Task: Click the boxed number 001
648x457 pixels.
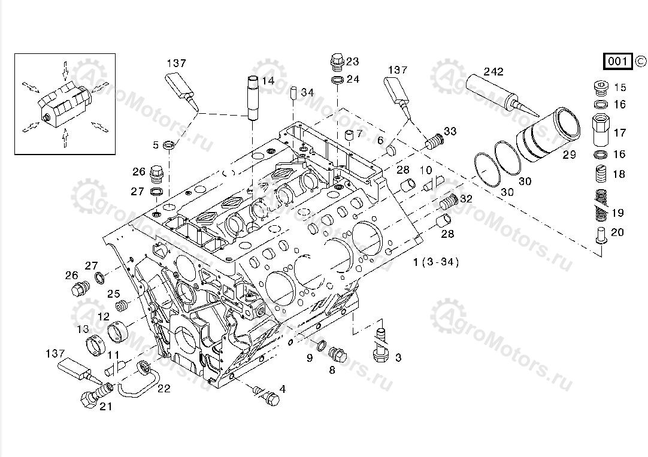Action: [x=617, y=61]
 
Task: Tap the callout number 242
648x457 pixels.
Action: [x=493, y=71]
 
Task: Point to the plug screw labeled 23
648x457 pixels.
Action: [x=337, y=62]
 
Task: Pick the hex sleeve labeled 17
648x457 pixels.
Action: [x=601, y=130]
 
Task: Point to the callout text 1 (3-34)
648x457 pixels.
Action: [x=435, y=262]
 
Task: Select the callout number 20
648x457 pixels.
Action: [x=617, y=232]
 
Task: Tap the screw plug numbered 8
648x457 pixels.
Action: [x=338, y=355]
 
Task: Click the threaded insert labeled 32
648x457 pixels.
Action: [x=449, y=202]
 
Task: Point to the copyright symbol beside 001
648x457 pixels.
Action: [x=640, y=60]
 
